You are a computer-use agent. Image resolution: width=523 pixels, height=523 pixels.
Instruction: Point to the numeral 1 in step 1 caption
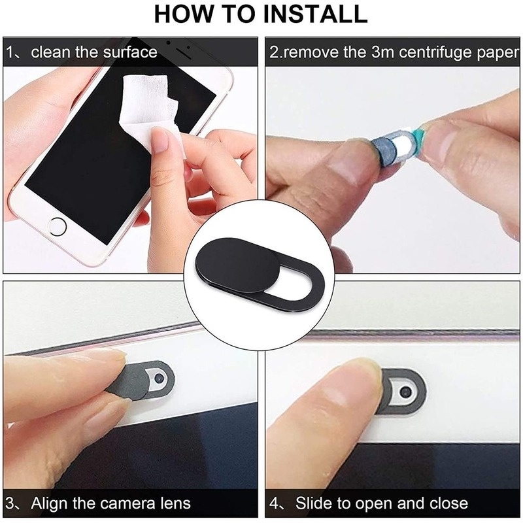coord(11,52)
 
